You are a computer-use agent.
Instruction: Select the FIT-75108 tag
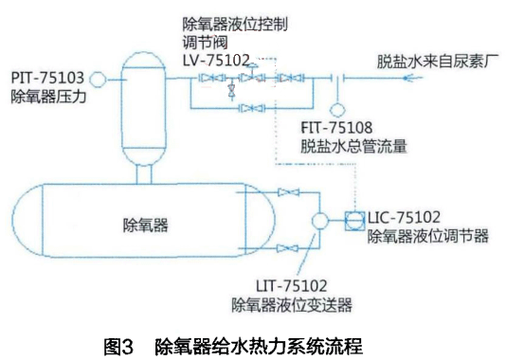point(335,126)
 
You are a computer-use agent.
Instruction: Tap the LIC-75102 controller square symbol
point(352,220)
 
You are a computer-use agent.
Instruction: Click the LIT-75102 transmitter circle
point(319,220)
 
